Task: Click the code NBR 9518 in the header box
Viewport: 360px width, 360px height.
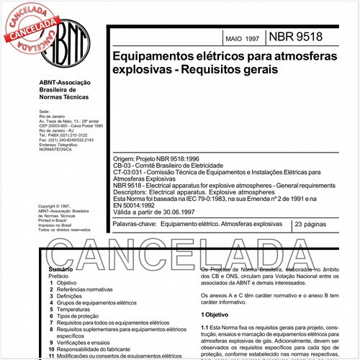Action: click(296, 36)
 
